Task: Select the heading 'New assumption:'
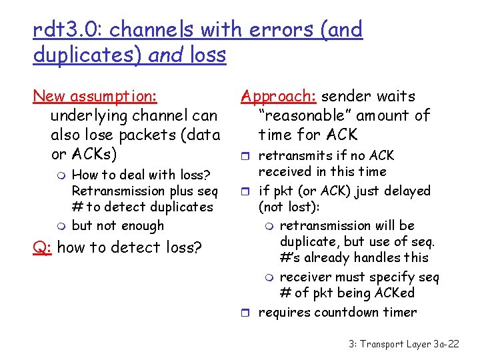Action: click(x=95, y=97)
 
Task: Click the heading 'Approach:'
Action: click(x=269, y=97)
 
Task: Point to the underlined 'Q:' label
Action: click(x=43, y=247)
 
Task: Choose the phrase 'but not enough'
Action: click(x=117, y=226)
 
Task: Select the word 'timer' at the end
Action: click(x=400, y=312)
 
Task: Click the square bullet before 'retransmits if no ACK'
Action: click(x=247, y=157)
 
